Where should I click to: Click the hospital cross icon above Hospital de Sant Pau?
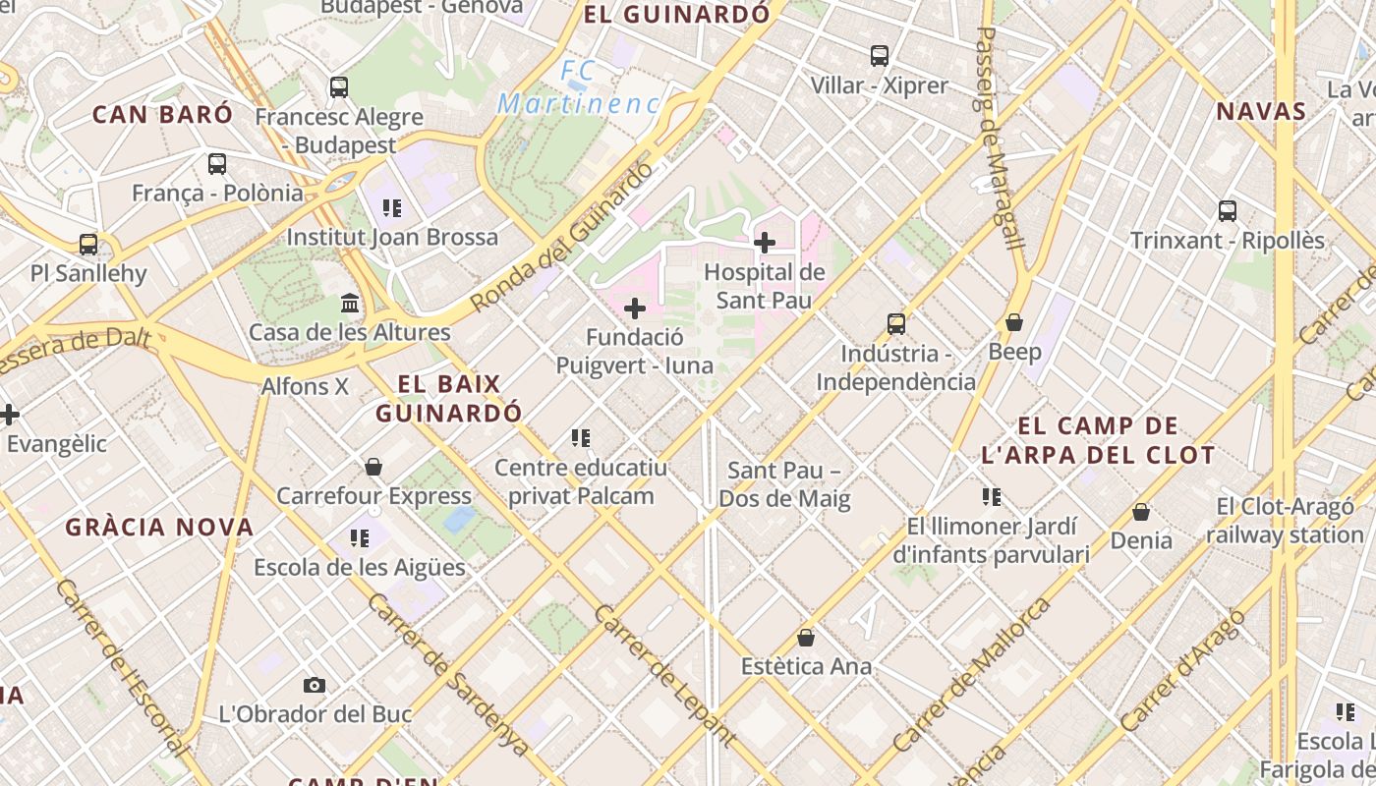pos(765,242)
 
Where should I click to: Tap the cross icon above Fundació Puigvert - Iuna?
pos(635,309)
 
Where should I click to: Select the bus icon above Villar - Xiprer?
pos(880,56)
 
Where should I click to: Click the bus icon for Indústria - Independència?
pos(896,323)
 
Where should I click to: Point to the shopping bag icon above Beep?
pos(1014,322)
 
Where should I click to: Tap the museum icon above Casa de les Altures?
pos(350,303)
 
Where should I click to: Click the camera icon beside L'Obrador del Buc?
pos(315,685)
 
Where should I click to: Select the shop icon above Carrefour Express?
pos(373,467)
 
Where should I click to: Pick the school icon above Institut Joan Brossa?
pos(392,208)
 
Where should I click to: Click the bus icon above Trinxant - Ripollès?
pos(1228,210)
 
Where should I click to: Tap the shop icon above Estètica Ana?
pos(806,638)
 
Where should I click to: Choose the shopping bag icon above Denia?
pos(1141,512)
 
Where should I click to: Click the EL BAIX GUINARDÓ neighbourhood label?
pos(449,398)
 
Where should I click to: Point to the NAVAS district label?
pos(1261,111)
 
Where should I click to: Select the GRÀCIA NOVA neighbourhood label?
pos(160,528)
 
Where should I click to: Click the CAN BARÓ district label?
pos(163,114)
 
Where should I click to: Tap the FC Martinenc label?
pos(579,86)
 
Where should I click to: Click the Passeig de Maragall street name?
pos(1002,138)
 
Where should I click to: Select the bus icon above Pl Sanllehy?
pos(88,244)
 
